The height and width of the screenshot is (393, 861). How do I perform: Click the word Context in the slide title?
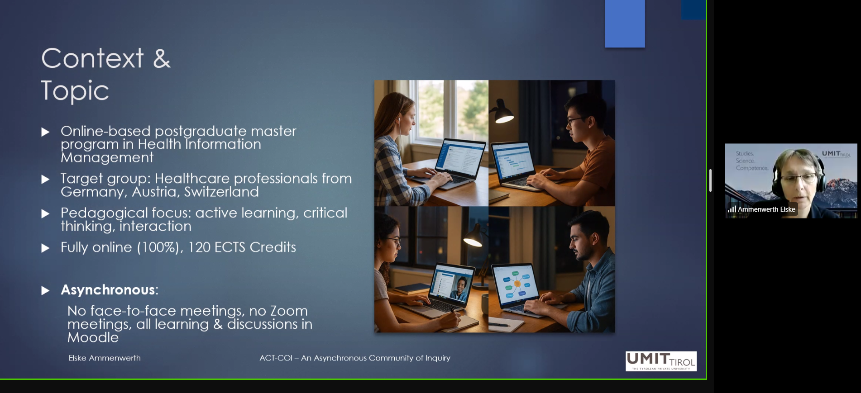pyautogui.click(x=92, y=58)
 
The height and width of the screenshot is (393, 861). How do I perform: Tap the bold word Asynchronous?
pyautogui.click(x=108, y=290)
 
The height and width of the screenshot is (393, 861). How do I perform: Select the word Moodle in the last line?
pyautogui.click(x=93, y=337)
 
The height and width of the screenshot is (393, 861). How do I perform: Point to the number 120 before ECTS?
pyautogui.click(x=199, y=247)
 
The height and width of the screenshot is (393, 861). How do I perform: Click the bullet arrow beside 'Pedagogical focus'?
pyautogui.click(x=45, y=213)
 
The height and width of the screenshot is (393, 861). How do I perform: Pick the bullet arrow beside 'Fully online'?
pyautogui.click(x=45, y=248)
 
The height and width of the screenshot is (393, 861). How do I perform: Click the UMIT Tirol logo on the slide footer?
pyautogui.click(x=661, y=361)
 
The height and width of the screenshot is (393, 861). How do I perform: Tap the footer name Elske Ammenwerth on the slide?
pyautogui.click(x=105, y=358)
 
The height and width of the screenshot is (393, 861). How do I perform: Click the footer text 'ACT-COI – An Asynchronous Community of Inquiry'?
pyautogui.click(x=355, y=358)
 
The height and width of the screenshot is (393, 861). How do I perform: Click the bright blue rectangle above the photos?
pyautogui.click(x=625, y=24)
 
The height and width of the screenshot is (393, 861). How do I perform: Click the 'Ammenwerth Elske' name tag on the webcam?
pyautogui.click(x=766, y=209)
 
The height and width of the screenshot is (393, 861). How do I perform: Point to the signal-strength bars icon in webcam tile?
pyautogui.click(x=732, y=209)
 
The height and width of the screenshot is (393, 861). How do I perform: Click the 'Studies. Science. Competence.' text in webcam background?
pyautogui.click(x=752, y=161)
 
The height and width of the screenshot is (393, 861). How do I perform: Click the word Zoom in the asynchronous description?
pyautogui.click(x=289, y=311)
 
